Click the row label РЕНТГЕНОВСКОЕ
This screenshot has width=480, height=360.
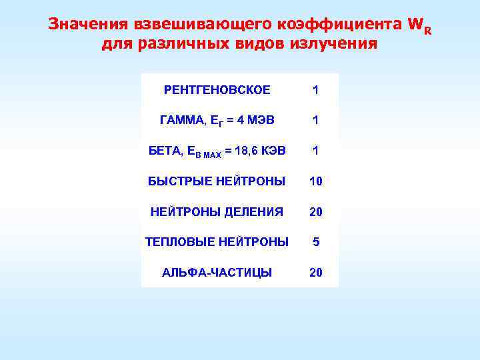[x=217, y=90]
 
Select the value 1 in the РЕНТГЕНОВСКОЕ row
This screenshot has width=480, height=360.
[x=315, y=90]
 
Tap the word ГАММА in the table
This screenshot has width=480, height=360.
[x=181, y=121]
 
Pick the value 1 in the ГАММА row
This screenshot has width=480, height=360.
[x=315, y=121]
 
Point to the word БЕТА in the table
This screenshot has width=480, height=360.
[x=163, y=151]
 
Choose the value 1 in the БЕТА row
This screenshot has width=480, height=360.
[x=315, y=151]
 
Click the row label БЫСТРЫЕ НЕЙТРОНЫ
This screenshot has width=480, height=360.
[x=217, y=181]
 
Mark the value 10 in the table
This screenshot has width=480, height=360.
[x=315, y=181]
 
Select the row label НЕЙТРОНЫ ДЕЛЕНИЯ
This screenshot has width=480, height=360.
[x=217, y=212]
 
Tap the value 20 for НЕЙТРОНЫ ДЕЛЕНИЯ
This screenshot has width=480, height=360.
[x=315, y=212]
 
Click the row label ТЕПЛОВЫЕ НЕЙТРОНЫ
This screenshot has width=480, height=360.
[x=217, y=242]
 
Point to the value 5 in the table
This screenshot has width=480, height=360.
[x=316, y=242]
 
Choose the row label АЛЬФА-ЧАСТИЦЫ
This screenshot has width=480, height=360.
[x=217, y=273]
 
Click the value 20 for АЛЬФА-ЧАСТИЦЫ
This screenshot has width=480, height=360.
[x=315, y=273]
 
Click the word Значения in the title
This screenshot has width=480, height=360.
[x=87, y=25]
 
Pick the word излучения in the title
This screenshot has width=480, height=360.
[x=335, y=45]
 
